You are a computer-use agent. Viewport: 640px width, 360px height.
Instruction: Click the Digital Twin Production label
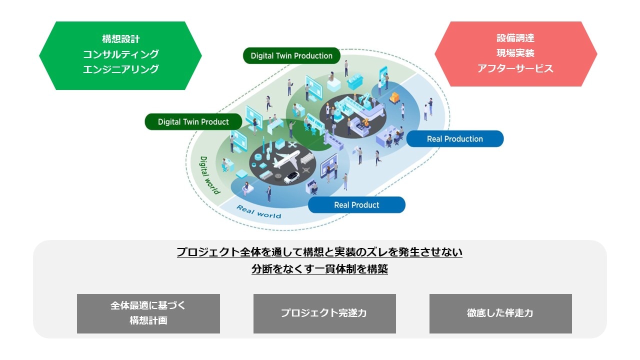tap(291, 56)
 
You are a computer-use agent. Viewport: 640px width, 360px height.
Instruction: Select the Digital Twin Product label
tap(193, 122)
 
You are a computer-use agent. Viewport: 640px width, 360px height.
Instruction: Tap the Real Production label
tap(454, 139)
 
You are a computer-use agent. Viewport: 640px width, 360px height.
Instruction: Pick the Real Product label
tap(356, 205)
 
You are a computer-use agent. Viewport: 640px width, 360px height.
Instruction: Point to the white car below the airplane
tap(291, 177)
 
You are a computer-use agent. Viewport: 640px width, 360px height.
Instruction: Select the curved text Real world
tap(258, 212)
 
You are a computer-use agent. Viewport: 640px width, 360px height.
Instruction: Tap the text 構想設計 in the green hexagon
tap(120, 39)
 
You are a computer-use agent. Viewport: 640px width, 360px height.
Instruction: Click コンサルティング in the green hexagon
tap(120, 54)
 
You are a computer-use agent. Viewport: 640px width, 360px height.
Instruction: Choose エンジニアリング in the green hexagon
tap(120, 69)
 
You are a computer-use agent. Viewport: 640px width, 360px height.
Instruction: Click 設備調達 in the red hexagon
tap(515, 38)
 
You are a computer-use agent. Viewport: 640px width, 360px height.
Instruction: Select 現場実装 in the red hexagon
tap(515, 53)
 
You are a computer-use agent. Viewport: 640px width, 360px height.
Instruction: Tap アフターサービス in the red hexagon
tap(515, 68)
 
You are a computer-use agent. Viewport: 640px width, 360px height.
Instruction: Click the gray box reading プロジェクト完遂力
tap(324, 313)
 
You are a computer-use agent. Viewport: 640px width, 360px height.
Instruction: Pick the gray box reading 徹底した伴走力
tap(500, 313)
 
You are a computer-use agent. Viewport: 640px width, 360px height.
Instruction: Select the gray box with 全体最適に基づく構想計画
tap(148, 313)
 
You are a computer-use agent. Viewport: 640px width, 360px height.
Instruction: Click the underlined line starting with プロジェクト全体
tap(319, 252)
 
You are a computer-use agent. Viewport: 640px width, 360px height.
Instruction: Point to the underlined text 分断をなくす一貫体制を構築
tap(319, 269)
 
